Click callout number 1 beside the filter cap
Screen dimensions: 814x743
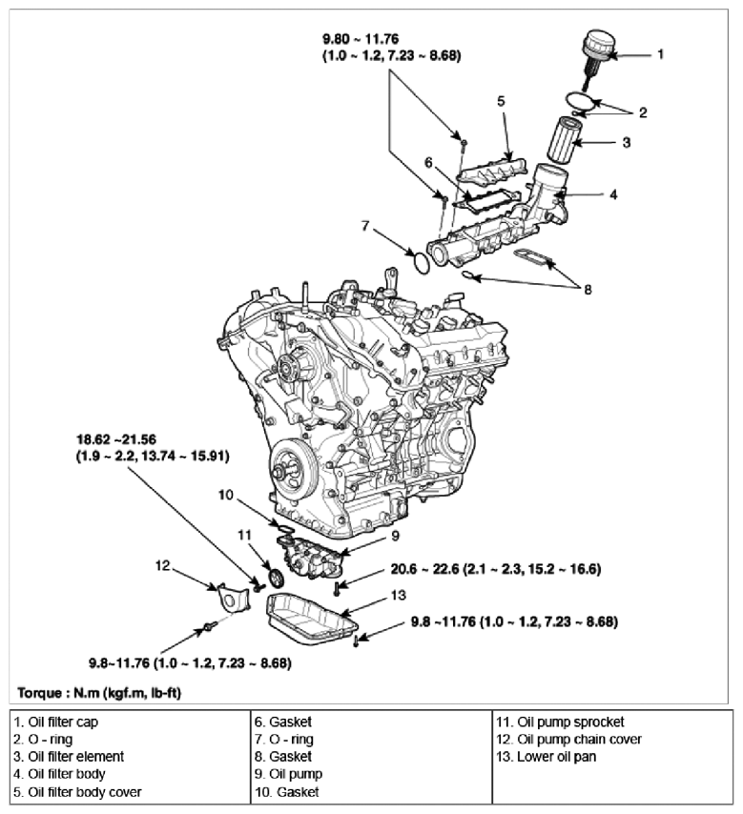[658, 55]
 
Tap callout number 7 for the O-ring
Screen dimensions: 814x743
[365, 226]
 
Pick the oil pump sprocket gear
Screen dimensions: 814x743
[278, 580]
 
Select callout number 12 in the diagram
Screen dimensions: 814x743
[163, 566]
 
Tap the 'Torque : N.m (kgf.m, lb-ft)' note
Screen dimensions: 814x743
[98, 689]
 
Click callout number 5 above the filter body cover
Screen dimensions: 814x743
[500, 100]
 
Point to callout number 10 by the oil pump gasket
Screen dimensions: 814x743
[226, 495]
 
